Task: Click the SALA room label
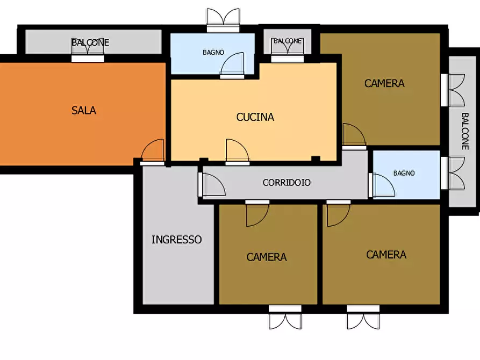(x=83, y=110)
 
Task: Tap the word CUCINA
(x=255, y=117)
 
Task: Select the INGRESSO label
(x=177, y=240)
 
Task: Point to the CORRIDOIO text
(x=286, y=183)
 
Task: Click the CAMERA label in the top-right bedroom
(x=384, y=83)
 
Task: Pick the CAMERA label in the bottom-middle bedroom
(x=266, y=257)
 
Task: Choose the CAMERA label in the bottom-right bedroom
(x=386, y=255)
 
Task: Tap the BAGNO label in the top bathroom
(x=213, y=52)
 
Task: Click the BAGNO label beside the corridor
(x=404, y=173)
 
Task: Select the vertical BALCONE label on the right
(x=465, y=131)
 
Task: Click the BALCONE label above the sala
(x=90, y=42)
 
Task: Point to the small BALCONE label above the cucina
(x=288, y=41)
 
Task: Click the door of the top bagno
(x=232, y=65)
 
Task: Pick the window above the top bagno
(x=223, y=20)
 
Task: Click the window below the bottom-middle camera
(x=285, y=318)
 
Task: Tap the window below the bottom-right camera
(x=363, y=318)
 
